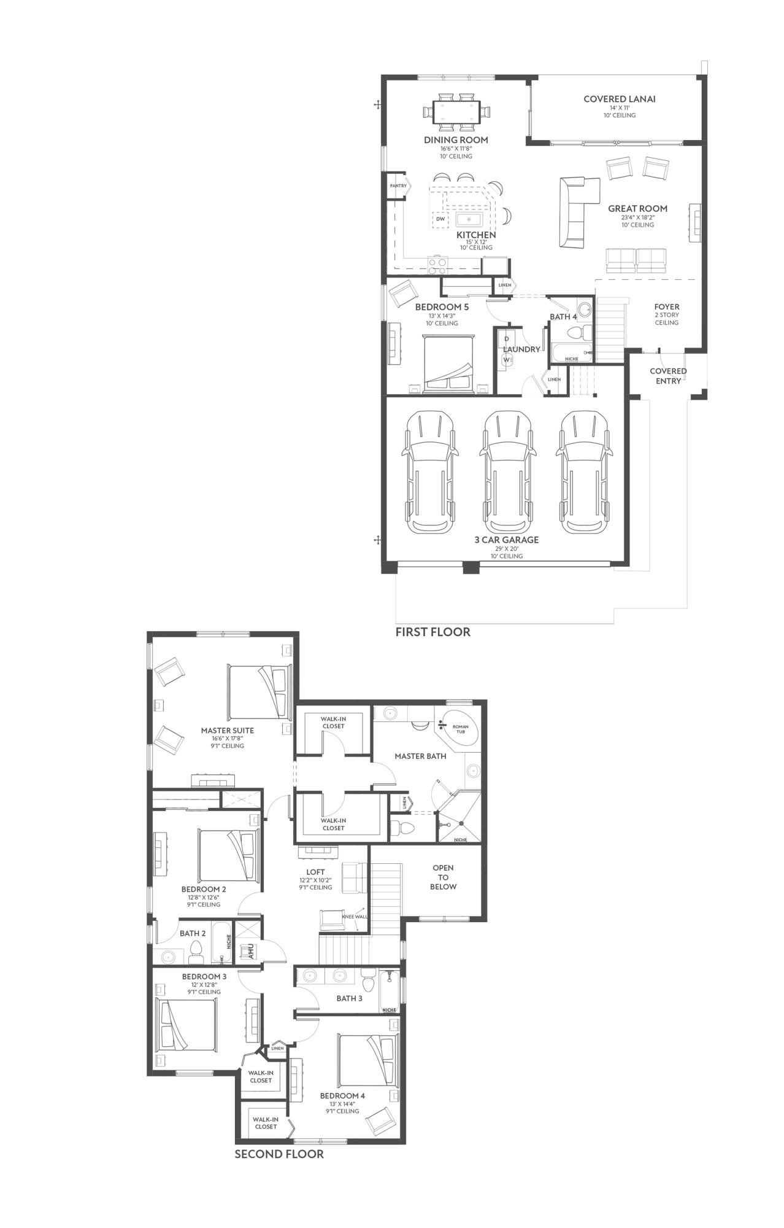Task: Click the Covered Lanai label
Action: (x=619, y=99)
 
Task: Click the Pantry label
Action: (x=398, y=186)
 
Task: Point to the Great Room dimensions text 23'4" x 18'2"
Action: (x=637, y=217)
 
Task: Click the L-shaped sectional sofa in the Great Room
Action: (x=574, y=209)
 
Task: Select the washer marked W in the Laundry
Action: (x=507, y=360)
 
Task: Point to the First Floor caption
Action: (x=432, y=632)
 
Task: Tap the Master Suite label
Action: (x=227, y=731)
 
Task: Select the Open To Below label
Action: (x=443, y=877)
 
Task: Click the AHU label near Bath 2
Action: (x=250, y=951)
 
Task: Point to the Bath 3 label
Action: (x=349, y=998)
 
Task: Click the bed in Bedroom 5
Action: (x=449, y=363)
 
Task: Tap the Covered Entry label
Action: (x=668, y=376)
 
